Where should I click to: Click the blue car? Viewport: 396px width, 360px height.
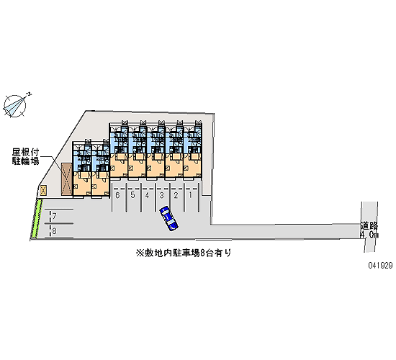(168, 218)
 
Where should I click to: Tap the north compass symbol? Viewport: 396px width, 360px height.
(16, 106)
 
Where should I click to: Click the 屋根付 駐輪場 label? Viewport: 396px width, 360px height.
(25, 157)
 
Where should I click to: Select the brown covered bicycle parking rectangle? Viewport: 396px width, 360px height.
(66, 179)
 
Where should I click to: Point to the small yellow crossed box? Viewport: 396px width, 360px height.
(43, 190)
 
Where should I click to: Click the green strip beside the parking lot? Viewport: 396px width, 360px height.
(37, 219)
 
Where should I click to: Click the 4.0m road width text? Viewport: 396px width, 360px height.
(369, 235)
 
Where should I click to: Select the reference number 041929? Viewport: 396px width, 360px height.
(380, 265)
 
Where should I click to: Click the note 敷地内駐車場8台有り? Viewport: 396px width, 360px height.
(184, 253)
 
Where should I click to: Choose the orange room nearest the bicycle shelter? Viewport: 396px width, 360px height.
(82, 184)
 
